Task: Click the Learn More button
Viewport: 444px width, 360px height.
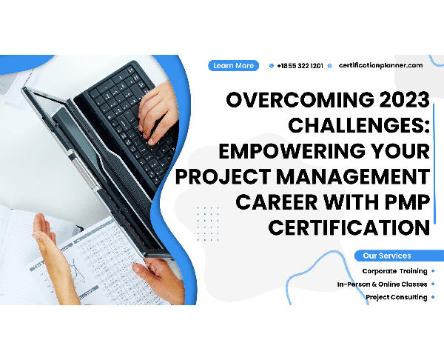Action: click(x=233, y=66)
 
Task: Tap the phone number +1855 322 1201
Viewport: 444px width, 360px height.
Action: click(x=300, y=66)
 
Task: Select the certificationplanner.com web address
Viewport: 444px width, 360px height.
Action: click(x=380, y=65)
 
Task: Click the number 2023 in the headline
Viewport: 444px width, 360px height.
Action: click(x=404, y=100)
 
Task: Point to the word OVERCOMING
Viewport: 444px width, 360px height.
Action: click(x=300, y=100)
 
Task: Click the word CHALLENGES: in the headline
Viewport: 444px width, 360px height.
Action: click(x=359, y=125)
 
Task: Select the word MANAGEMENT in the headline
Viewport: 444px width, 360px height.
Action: click(x=353, y=176)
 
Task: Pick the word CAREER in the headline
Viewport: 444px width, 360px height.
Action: click(x=276, y=201)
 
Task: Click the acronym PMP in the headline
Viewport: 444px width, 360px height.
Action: click(x=407, y=201)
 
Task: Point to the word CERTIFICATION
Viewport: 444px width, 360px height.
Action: click(x=349, y=227)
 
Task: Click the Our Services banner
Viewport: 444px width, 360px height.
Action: click(x=399, y=256)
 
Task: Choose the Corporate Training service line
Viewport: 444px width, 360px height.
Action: click(x=394, y=271)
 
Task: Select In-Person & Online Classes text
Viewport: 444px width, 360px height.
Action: click(x=383, y=284)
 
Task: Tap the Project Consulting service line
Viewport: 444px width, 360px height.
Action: click(x=397, y=297)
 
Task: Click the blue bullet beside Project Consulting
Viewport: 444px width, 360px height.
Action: click(x=433, y=297)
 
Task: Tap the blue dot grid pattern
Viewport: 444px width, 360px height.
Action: click(x=208, y=224)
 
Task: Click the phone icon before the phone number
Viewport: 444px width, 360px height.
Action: click(x=272, y=66)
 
